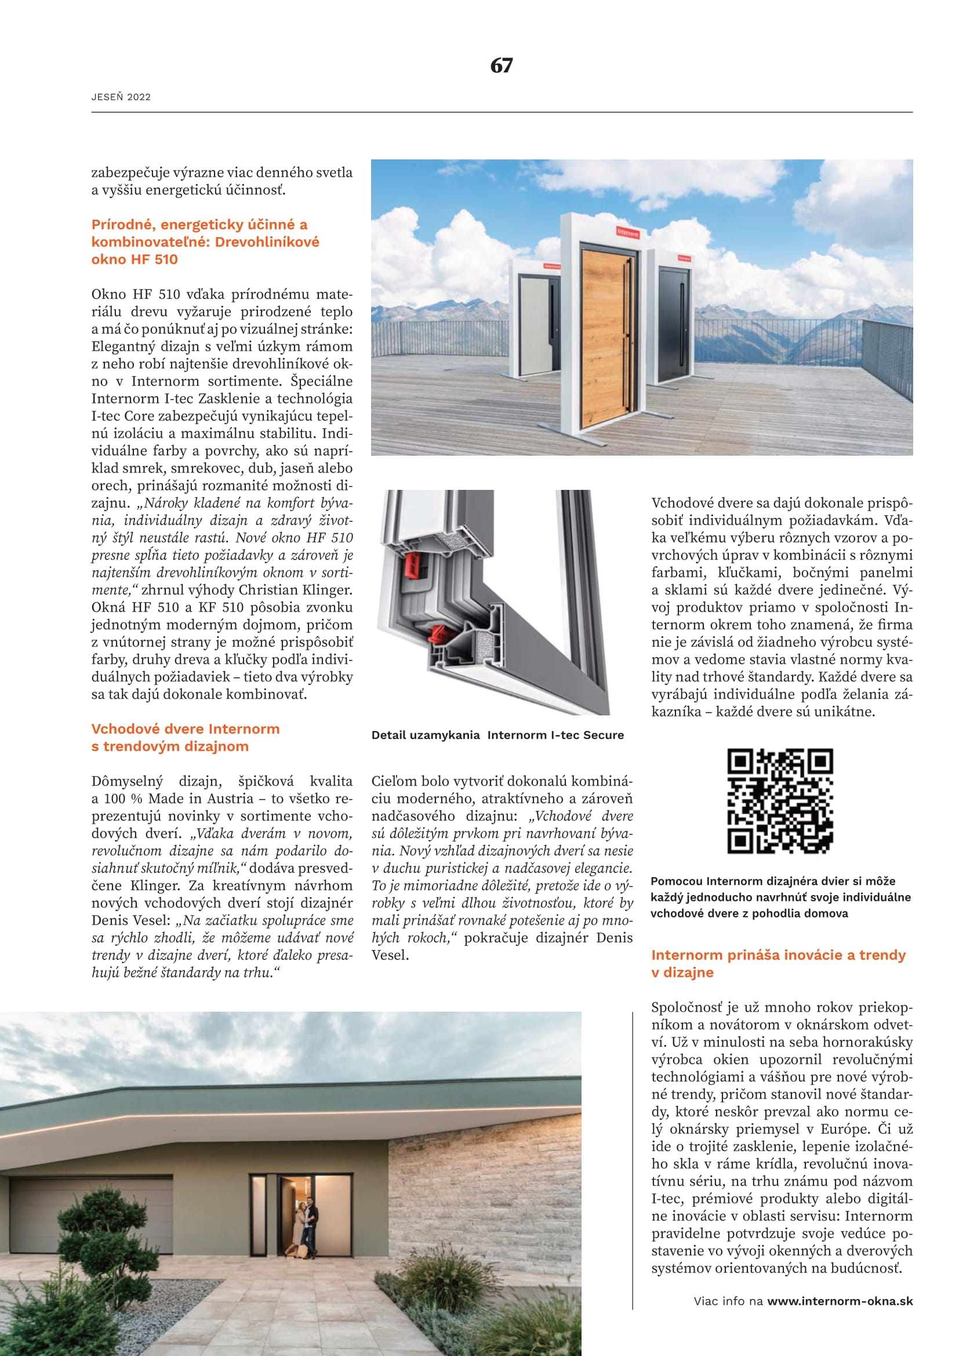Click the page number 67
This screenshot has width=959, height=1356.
[501, 66]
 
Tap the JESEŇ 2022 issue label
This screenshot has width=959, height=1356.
[121, 97]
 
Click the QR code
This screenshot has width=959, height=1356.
[779, 801]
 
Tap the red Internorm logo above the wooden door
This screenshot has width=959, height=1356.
[627, 232]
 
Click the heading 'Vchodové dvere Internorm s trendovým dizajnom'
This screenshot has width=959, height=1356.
[185, 737]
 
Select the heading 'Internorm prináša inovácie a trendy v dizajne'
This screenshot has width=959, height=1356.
[778, 964]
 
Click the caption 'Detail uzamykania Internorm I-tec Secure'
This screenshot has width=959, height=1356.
[497, 735]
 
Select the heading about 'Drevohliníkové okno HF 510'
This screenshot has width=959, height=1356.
[205, 242]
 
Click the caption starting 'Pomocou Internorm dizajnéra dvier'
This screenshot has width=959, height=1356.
[780, 897]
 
